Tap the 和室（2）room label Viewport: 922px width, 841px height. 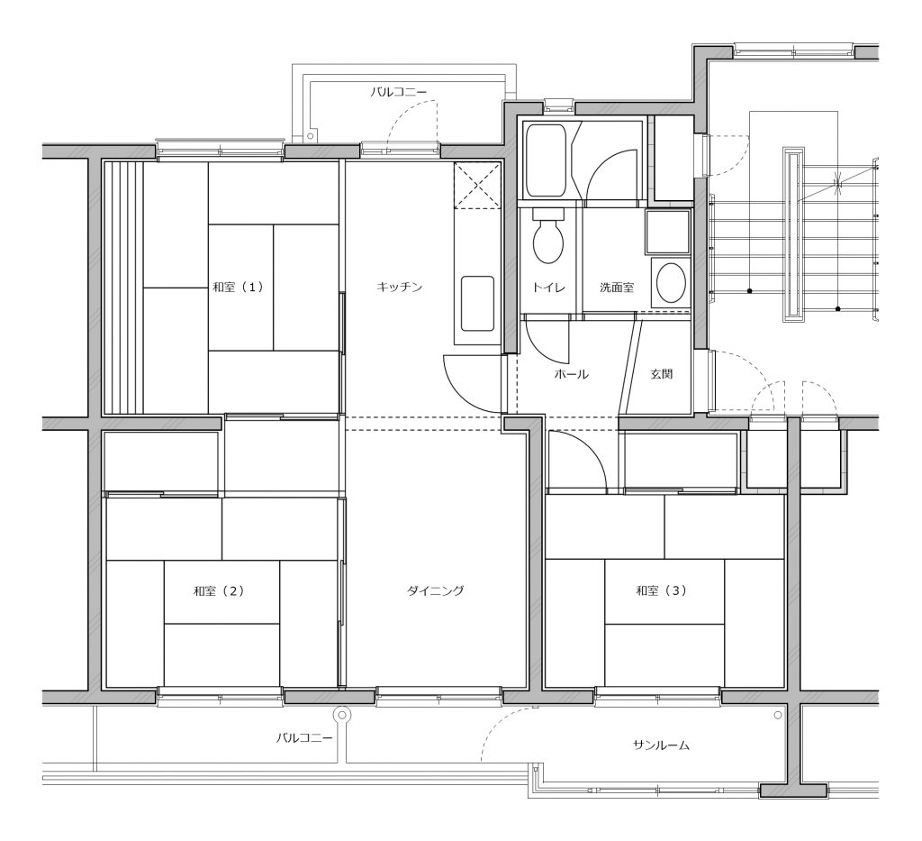218,591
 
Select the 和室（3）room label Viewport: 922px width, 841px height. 661,590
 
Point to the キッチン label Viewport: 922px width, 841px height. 399,288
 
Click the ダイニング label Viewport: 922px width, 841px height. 436,590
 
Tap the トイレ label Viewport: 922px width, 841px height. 548,288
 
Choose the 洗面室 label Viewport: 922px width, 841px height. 617,288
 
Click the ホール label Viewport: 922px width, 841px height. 571,374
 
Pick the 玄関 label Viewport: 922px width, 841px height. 662,374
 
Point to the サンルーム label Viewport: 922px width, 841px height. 661,745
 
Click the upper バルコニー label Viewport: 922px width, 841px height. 398,92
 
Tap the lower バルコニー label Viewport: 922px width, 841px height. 304,737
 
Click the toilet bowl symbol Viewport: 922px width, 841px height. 548,236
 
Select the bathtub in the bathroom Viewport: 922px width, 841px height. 546,160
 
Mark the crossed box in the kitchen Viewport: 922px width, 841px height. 476,186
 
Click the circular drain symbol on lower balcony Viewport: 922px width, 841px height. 341,715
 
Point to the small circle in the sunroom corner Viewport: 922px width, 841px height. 778,715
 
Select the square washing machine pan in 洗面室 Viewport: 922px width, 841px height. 667,232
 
